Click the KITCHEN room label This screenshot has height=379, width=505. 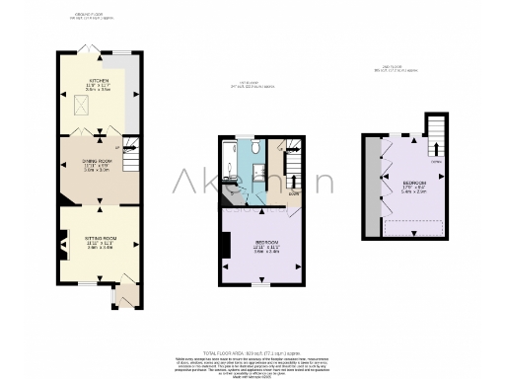(99, 84)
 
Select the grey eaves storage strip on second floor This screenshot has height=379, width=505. (372, 186)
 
